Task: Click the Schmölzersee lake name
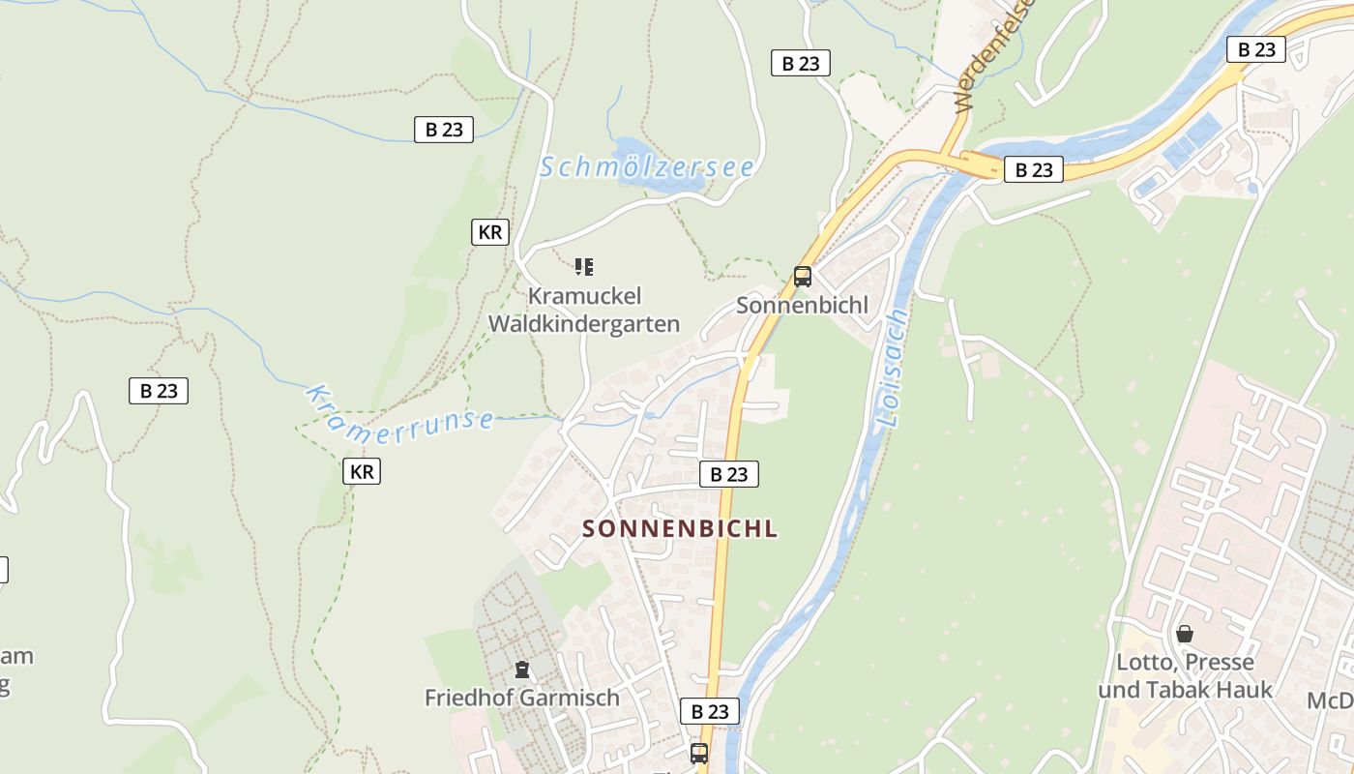point(646,167)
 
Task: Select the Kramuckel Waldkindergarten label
point(584,310)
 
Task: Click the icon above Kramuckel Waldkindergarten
point(584,266)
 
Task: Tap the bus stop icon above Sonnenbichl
point(803,277)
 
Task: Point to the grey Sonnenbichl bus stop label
point(803,306)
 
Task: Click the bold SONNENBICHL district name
point(681,529)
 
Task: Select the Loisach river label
point(894,370)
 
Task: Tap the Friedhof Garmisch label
point(522,698)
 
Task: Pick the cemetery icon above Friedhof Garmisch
point(522,670)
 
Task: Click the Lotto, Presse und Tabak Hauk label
point(1185,676)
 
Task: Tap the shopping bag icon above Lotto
point(1185,635)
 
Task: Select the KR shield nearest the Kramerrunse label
point(361,472)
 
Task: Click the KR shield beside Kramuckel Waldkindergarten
point(490,232)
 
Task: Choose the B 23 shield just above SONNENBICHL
point(729,474)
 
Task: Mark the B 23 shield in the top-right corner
point(1256,49)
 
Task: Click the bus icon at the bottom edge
point(699,753)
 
